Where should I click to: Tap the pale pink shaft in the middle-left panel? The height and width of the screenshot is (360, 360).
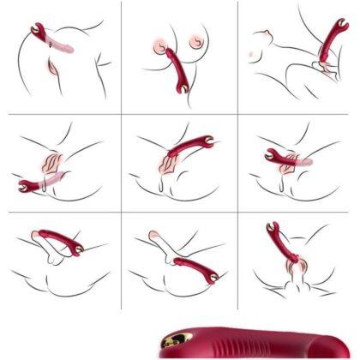(x=53, y=179)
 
